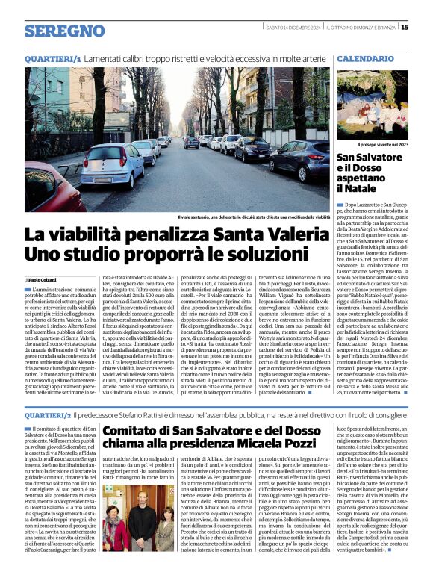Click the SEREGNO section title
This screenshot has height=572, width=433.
coord(64,31)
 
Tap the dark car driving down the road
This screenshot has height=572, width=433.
coord(191,143)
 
